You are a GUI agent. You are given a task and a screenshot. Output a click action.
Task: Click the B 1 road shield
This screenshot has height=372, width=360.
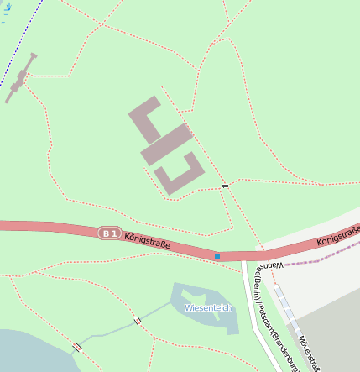click(x=110, y=233)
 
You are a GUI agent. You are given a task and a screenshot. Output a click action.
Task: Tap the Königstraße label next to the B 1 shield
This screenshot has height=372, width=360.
click(x=147, y=242)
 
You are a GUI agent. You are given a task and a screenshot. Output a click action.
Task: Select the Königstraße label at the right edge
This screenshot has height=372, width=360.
click(x=338, y=237)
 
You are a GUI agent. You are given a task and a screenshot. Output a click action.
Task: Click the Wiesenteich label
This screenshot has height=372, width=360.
click(x=207, y=308)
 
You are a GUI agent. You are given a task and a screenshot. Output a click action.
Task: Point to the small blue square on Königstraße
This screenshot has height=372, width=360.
click(x=217, y=255)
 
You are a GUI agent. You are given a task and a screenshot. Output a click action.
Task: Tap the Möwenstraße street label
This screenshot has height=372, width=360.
click(x=310, y=352)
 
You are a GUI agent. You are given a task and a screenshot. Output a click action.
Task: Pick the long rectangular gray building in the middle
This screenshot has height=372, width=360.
click(x=167, y=144)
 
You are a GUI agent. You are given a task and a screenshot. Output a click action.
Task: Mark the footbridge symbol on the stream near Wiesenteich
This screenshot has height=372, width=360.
click(x=137, y=321)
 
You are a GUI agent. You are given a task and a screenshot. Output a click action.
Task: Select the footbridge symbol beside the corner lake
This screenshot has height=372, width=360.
click(x=77, y=347)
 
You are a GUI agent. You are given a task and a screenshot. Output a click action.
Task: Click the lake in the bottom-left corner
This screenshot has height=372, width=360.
click(x=25, y=353)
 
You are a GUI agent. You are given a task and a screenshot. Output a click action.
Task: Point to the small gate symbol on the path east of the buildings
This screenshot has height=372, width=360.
click(x=225, y=184)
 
